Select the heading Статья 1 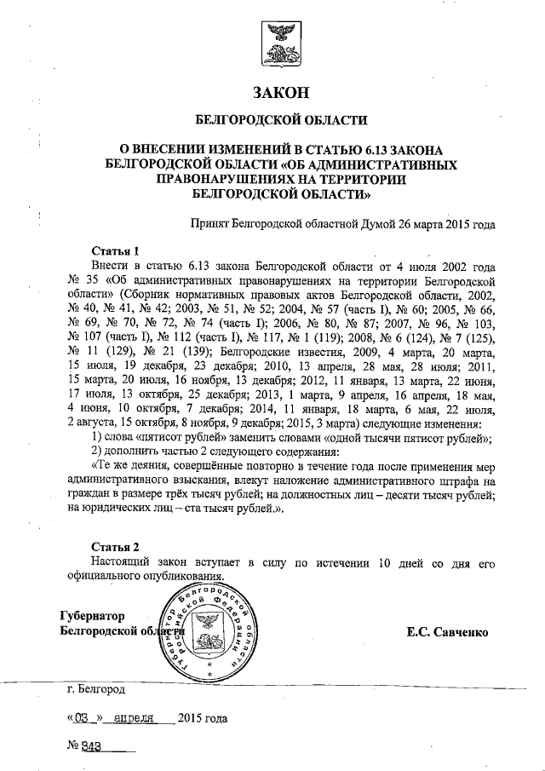114,250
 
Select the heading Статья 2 114,546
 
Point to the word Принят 216,226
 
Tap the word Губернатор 93,616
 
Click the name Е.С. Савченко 447,631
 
